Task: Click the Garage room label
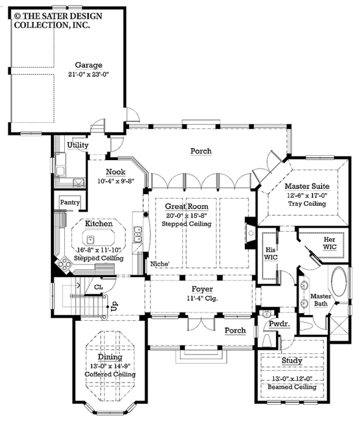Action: tap(88, 65)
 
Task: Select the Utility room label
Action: tap(78, 145)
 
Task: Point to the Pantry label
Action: tap(70, 203)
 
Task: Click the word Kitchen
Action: tap(99, 223)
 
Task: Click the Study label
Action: tap(292, 361)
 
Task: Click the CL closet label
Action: tap(98, 287)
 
